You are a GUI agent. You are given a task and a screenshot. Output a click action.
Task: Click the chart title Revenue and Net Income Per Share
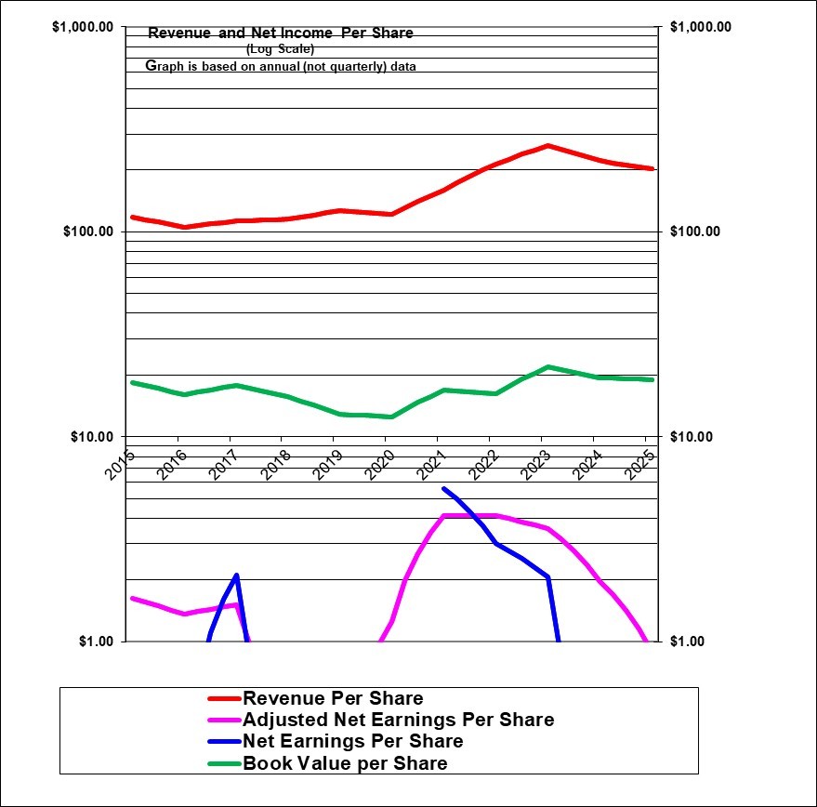click(281, 33)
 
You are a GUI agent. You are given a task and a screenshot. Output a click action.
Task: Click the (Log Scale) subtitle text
click(281, 49)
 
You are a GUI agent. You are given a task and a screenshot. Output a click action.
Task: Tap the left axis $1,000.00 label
click(83, 27)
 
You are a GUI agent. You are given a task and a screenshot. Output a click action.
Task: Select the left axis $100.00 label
click(87, 232)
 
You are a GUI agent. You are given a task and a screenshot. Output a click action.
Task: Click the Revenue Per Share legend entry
click(332, 698)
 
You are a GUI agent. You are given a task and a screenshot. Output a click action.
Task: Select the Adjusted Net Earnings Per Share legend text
click(398, 720)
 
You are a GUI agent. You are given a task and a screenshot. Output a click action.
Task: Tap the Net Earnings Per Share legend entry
click(352, 741)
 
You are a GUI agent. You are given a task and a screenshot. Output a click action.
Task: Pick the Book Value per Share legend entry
click(345, 763)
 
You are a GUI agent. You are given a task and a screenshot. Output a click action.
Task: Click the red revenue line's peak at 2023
click(548, 146)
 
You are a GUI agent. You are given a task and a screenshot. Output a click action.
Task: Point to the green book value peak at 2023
click(548, 367)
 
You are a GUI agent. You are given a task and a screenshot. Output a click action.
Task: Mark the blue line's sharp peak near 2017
click(237, 575)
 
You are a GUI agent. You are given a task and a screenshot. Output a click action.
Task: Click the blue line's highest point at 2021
click(443, 489)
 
